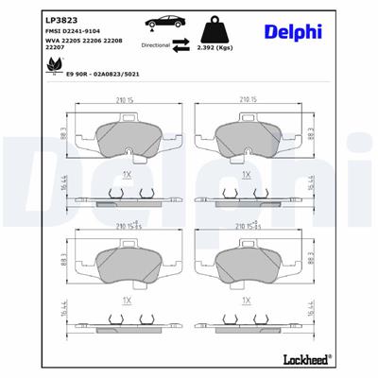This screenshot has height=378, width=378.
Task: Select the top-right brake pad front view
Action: [247, 141]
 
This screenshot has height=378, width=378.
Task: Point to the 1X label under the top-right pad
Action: [246, 176]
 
